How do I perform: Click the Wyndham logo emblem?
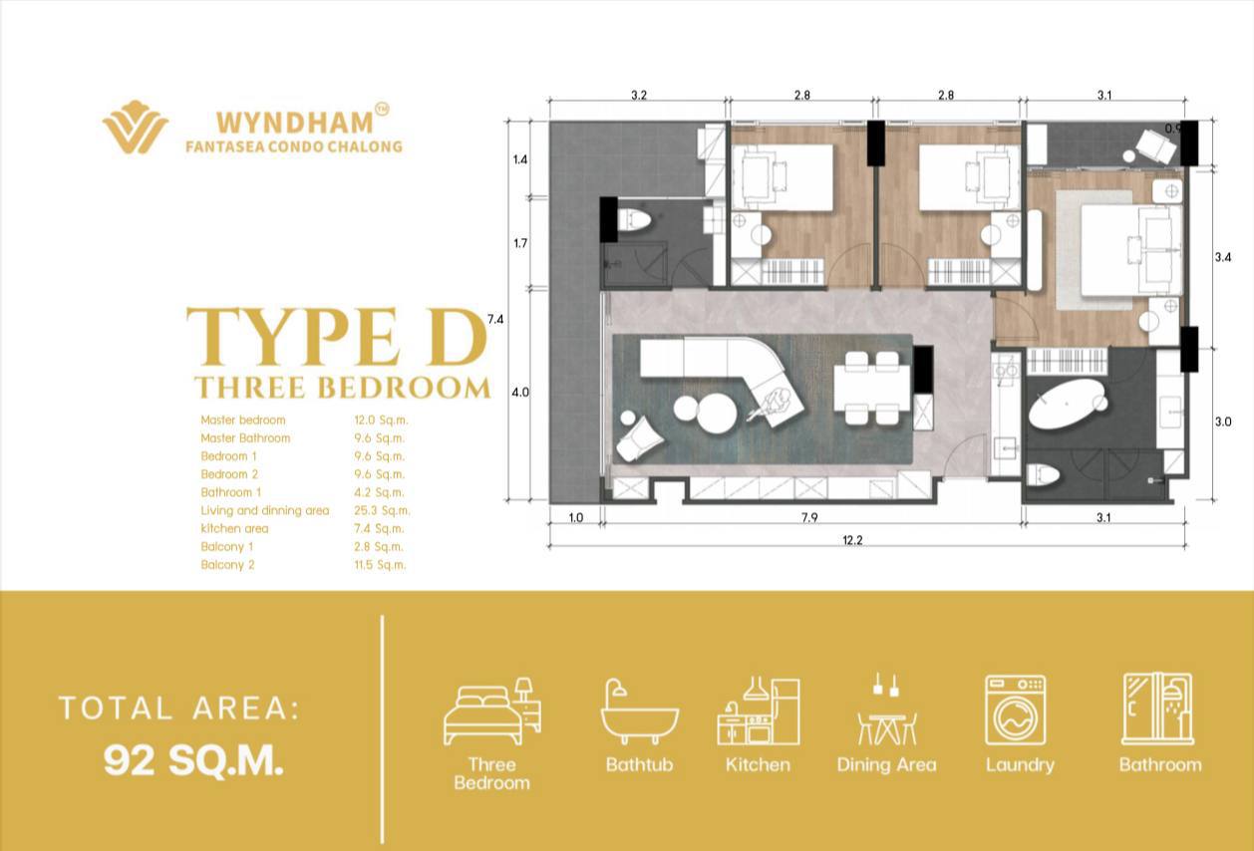[x=136, y=127]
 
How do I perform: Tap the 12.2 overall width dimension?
[x=852, y=540]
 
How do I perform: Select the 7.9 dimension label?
[x=809, y=518]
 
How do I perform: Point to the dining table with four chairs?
[x=871, y=389]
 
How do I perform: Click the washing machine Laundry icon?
[x=1016, y=710]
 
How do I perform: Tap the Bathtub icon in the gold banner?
[x=639, y=712]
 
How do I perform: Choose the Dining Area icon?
[x=887, y=709]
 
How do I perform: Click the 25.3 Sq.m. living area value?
[x=382, y=510]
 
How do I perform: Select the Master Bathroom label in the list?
[x=245, y=438]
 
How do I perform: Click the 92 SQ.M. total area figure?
[x=193, y=760]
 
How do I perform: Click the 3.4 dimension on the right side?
[x=1223, y=257]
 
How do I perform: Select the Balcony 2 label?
[x=227, y=565]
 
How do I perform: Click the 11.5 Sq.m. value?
[x=380, y=565]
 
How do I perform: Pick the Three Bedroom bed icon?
[x=492, y=711]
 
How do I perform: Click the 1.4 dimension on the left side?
[x=520, y=160]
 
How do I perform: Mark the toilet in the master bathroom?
[x=1043, y=476]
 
